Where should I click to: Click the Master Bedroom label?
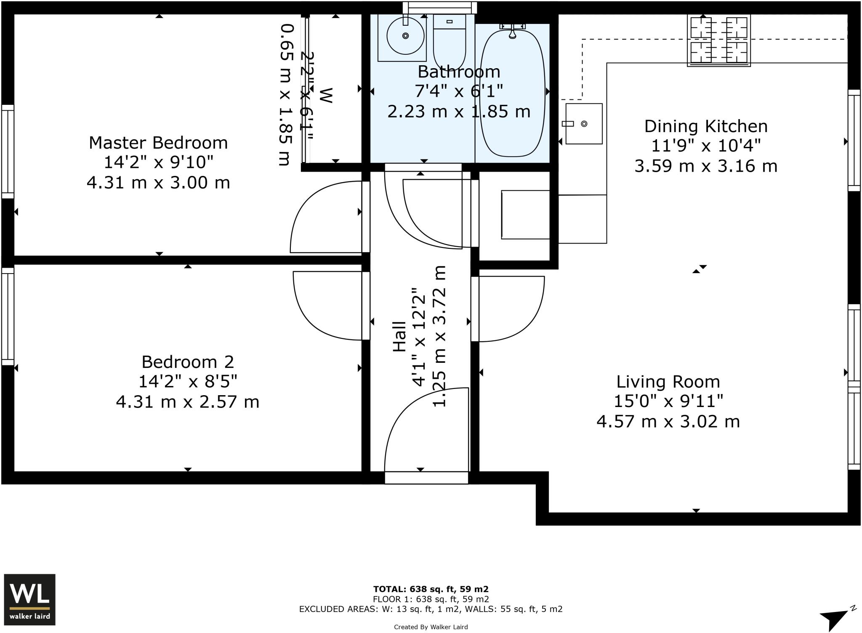[158, 143]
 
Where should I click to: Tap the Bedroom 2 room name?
[188, 362]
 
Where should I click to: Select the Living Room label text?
[668, 382]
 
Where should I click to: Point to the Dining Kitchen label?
[706, 126]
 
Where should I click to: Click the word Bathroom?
[459, 72]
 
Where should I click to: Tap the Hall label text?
[399, 336]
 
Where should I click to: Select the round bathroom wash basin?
[405, 36]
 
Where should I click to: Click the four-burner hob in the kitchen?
[718, 40]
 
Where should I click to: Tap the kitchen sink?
[584, 124]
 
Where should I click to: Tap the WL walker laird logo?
[29, 599]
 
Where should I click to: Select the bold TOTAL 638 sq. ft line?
[431, 589]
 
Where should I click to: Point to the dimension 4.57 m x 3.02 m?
[668, 421]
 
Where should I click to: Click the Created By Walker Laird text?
[431, 627]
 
